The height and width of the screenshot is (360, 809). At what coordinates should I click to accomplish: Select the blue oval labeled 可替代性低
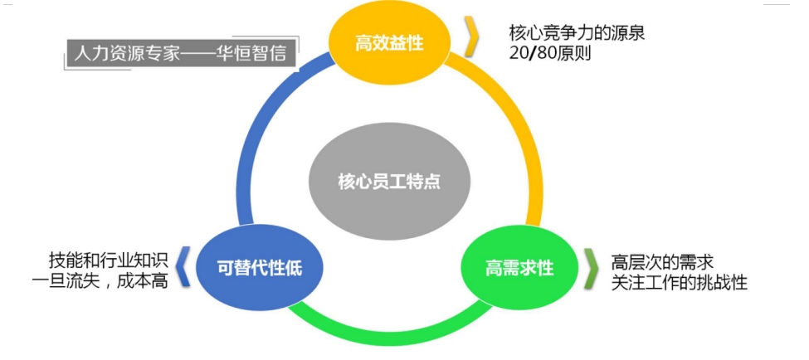pos(258,268)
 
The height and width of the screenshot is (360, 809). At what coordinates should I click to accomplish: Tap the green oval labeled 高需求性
pos(519,269)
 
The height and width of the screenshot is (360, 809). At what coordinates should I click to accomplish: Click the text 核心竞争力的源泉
pos(577,34)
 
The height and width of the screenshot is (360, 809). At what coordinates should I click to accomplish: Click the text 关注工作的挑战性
pos(679,283)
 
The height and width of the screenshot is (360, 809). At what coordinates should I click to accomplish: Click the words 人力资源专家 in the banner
pos(125,54)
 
